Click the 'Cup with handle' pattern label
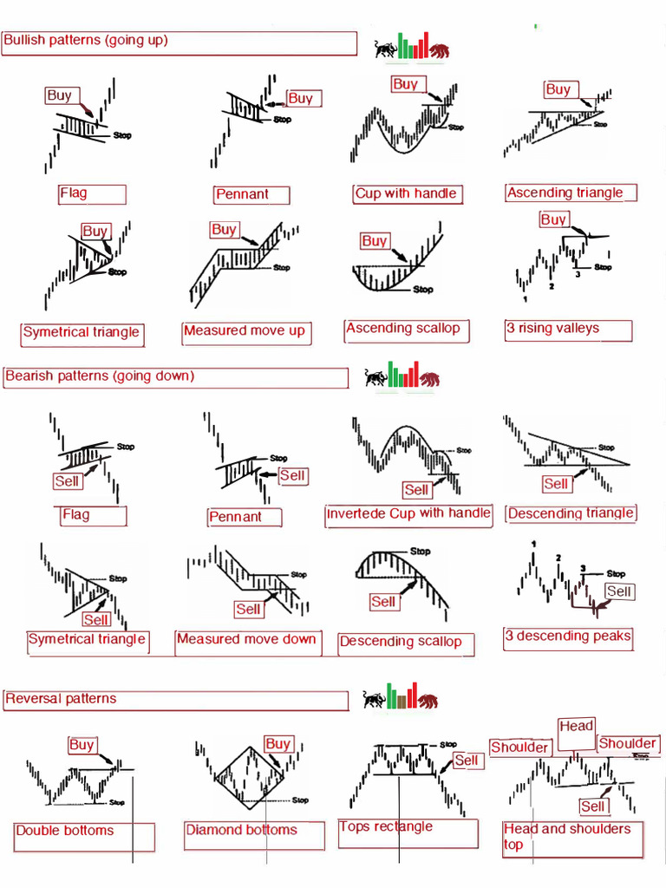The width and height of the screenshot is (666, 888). click(x=406, y=193)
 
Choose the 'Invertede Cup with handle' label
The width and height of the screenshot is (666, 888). click(x=408, y=513)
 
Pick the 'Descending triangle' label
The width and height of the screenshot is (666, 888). click(x=571, y=513)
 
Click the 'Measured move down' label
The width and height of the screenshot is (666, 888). click(x=247, y=640)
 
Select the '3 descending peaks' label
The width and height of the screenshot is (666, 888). click(x=568, y=637)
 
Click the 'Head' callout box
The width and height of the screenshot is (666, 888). click(x=577, y=728)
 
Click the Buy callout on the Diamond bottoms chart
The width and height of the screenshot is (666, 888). click(x=277, y=744)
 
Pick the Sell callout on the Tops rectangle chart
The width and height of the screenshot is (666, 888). click(x=467, y=761)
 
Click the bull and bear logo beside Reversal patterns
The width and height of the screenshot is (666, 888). click(x=401, y=697)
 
